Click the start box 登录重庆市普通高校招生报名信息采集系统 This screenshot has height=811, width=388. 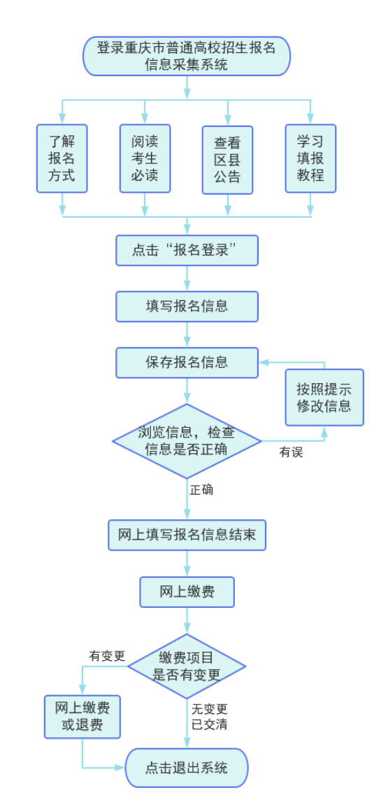click(187, 57)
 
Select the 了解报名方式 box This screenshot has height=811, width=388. click(62, 158)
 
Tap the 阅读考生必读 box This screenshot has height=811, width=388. click(145, 158)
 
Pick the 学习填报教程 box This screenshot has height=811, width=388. click(310, 158)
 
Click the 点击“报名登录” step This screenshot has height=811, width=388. click(187, 251)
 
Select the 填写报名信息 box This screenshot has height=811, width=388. click(187, 306)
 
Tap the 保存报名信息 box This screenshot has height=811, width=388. click(187, 362)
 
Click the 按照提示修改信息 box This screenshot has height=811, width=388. click(324, 398)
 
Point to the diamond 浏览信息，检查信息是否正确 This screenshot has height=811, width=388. click(187, 441)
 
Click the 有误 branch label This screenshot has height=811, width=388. click(292, 452)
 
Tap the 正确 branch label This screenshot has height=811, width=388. click(202, 490)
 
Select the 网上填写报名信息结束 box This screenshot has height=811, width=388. click(187, 535)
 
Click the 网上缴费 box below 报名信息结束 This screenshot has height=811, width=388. click(187, 592)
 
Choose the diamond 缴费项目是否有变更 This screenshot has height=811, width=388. click(187, 666)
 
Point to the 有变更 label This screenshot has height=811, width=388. click(107, 656)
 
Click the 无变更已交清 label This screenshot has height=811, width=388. click(210, 717)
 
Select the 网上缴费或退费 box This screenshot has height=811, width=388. click(82, 717)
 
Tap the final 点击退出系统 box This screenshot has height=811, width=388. click(187, 768)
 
